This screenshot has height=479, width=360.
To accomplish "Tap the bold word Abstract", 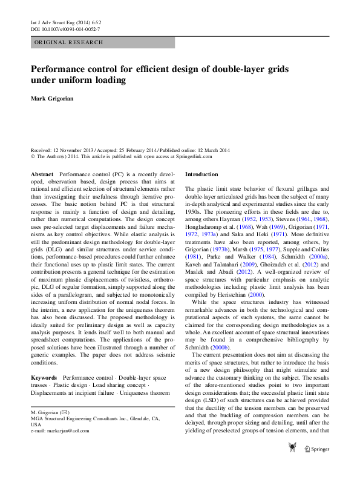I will pyautogui.click(x=42, y=174).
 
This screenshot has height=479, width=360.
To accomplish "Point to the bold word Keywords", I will pyautogui.click(x=44, y=378).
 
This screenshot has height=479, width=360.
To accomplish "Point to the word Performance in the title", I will pyautogui.click(x=62, y=68).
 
